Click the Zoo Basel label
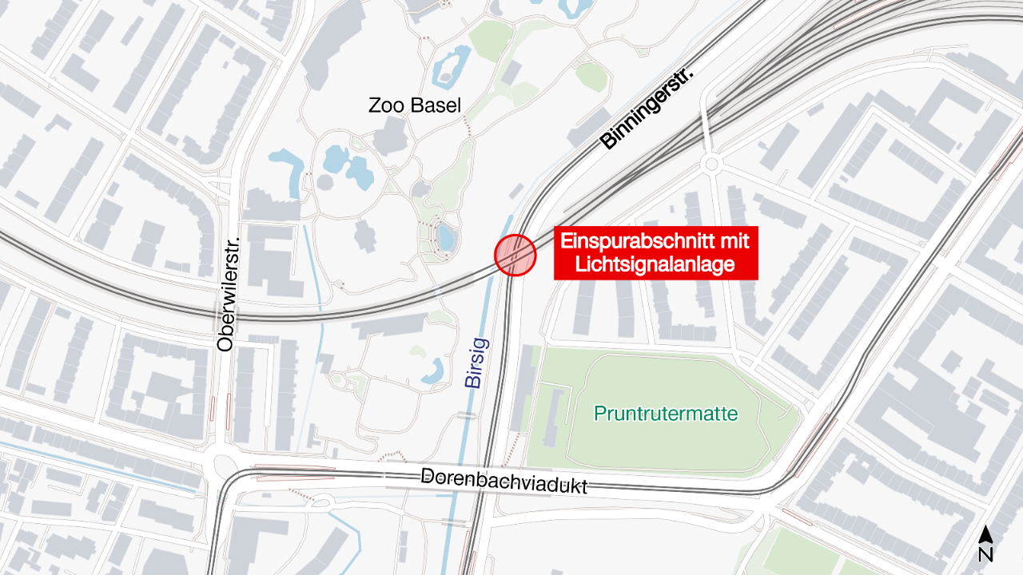click(x=415, y=105)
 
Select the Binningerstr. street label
click(x=647, y=109)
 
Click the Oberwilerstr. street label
click(x=225, y=297)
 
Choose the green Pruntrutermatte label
click(x=665, y=414)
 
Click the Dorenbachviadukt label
click(x=504, y=481)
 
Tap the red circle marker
click(x=515, y=256)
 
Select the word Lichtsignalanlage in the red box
click(x=655, y=264)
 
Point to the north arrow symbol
click(x=985, y=534)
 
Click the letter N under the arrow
click(x=985, y=553)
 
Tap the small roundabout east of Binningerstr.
click(x=710, y=165)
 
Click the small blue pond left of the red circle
click(x=444, y=236)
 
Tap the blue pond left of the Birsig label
click(x=436, y=370)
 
